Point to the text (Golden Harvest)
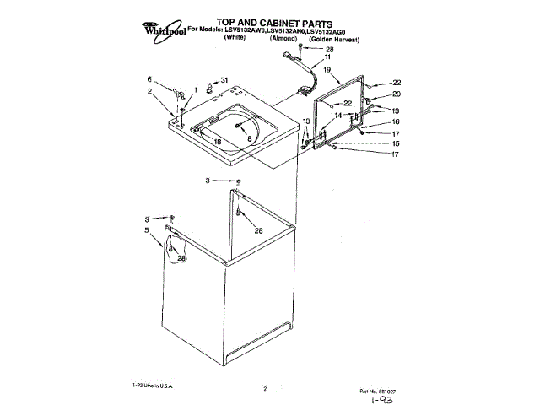click(x=335, y=40)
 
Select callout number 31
click(x=224, y=80)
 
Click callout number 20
click(x=396, y=94)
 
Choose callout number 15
click(x=396, y=143)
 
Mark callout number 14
click(x=337, y=115)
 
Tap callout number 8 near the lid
click(x=250, y=138)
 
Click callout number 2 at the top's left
click(x=150, y=91)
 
